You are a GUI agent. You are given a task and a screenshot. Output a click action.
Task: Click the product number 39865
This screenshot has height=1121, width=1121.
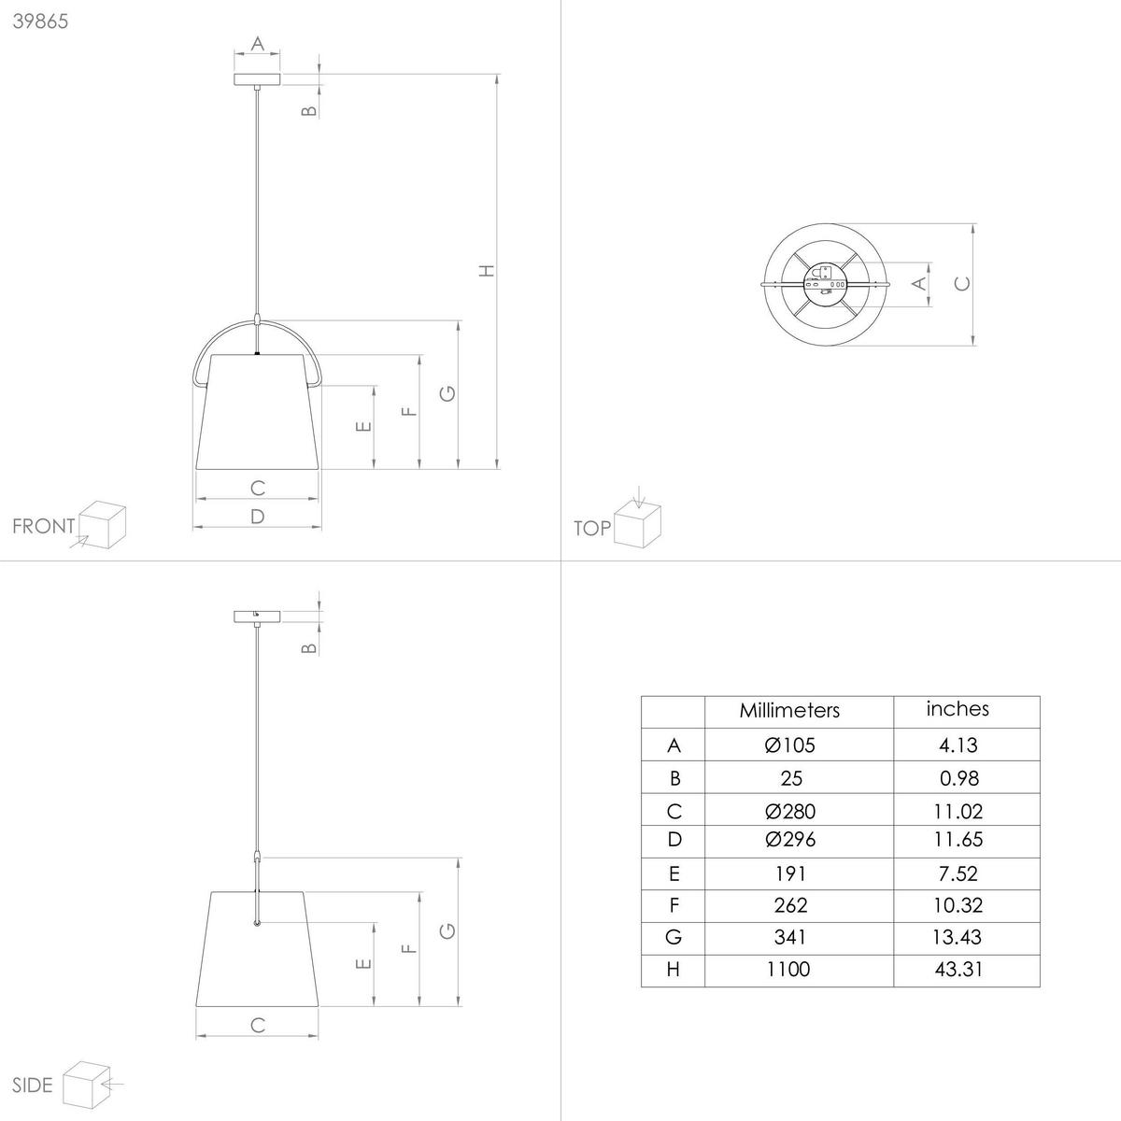tap(40, 21)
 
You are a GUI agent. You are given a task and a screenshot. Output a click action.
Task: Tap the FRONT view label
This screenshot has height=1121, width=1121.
tap(43, 526)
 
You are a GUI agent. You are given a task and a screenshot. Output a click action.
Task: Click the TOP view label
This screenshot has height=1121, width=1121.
tap(592, 529)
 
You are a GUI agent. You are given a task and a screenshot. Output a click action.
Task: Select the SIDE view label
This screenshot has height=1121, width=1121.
tap(34, 1085)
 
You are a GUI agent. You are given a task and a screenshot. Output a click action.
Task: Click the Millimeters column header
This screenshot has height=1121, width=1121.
tap(789, 710)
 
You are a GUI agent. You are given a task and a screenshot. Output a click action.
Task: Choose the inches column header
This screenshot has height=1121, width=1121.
tap(958, 709)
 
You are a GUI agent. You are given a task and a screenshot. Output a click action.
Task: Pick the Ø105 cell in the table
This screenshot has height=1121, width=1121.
tap(789, 745)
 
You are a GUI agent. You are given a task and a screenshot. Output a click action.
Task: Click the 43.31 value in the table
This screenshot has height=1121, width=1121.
tap(958, 970)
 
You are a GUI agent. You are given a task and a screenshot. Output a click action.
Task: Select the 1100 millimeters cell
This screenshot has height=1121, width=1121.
tap(789, 970)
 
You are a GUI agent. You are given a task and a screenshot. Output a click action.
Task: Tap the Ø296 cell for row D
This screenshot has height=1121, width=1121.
tap(789, 840)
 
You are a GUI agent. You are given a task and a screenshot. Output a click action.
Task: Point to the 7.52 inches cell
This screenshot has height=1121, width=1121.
tap(958, 873)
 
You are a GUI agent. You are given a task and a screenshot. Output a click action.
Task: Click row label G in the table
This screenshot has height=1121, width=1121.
tap(674, 937)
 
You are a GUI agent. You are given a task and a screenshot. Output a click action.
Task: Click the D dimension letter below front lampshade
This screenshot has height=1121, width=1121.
tap(258, 517)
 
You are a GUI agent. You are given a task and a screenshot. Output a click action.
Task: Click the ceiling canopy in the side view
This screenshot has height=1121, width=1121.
tap(257, 616)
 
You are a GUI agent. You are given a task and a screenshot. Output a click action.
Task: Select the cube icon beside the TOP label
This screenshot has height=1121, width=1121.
tap(638, 524)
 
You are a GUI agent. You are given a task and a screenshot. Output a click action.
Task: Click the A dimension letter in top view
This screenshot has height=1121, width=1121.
tap(919, 282)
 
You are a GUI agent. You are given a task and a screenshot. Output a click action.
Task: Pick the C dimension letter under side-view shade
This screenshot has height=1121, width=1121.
tap(258, 1025)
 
